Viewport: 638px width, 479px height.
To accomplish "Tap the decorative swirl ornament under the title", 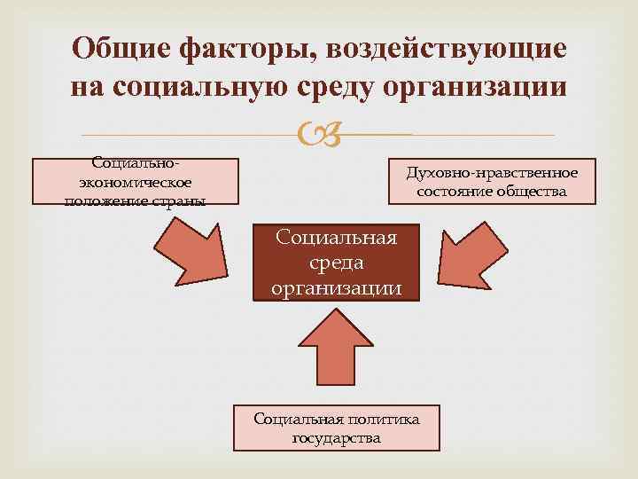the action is (x=320, y=135).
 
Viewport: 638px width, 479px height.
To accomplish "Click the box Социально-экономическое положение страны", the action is (x=136, y=182).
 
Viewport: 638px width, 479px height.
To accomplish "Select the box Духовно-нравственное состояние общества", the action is (x=492, y=181).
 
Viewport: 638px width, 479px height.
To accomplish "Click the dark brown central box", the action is (x=336, y=263).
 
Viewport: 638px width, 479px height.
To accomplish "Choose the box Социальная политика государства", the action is (x=336, y=428).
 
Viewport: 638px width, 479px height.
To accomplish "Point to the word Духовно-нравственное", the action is (x=492, y=172).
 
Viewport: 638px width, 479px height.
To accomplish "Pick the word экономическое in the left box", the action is (x=136, y=182).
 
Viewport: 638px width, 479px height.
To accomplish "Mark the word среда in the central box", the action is (x=337, y=263).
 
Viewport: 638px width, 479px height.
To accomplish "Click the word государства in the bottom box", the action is (x=336, y=437).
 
